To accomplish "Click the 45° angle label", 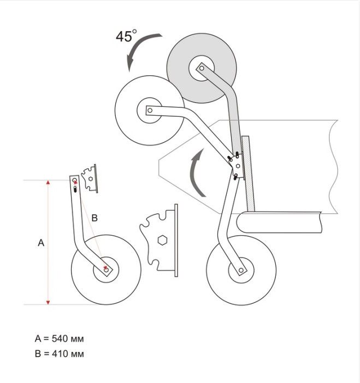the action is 126,36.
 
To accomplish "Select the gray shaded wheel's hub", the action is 202,68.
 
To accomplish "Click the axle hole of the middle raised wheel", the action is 150,110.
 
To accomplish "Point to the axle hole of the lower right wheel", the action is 241,270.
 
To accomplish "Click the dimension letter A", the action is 41,243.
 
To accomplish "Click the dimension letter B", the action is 95,218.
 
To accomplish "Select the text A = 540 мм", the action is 59,339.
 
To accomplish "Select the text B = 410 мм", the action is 59,354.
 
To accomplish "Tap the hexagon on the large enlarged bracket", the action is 162,240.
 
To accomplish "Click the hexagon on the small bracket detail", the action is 91,179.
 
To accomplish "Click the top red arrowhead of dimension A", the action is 48,182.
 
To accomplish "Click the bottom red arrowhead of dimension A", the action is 48,302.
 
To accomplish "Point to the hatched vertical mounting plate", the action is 248,173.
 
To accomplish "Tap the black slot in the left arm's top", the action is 75,189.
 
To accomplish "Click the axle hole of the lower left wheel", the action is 106,270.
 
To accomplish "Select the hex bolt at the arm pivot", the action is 238,166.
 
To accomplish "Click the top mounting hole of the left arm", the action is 75,180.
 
